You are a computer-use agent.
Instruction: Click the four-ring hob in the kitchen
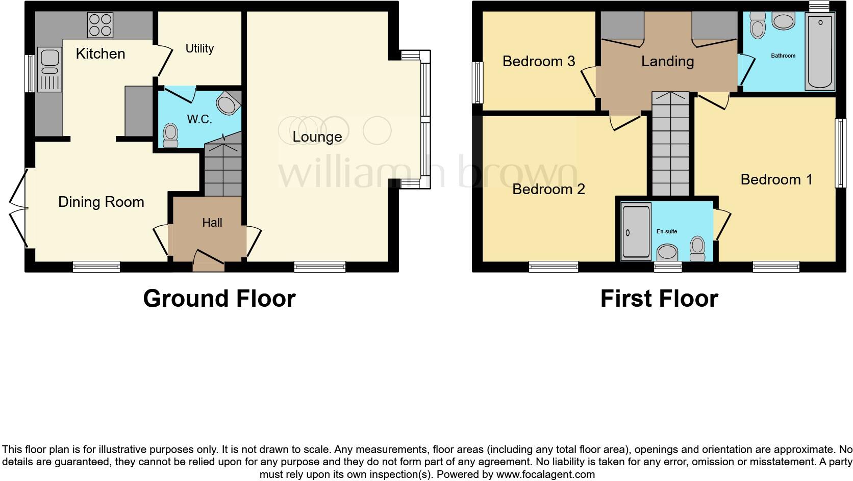click(x=100, y=25)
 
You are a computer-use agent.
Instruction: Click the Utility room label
click(x=199, y=48)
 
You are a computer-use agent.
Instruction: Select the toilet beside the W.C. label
click(x=170, y=135)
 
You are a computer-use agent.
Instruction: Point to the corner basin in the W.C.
click(x=228, y=104)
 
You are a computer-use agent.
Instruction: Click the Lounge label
click(x=317, y=137)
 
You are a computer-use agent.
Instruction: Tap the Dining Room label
click(x=101, y=202)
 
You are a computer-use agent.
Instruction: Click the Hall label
click(x=212, y=223)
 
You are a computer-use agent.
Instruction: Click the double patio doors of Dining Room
click(x=18, y=209)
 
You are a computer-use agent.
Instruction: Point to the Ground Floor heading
click(x=219, y=299)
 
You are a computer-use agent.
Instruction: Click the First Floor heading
click(x=659, y=299)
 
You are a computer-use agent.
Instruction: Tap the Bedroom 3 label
click(x=538, y=61)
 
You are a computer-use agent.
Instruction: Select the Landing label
click(x=667, y=61)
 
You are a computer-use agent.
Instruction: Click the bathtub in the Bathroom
click(x=820, y=52)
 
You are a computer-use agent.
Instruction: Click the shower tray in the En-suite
click(x=636, y=231)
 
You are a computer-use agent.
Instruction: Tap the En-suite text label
click(x=666, y=231)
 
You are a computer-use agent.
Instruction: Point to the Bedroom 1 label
click(x=776, y=179)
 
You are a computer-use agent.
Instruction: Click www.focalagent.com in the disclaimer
click(x=545, y=474)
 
